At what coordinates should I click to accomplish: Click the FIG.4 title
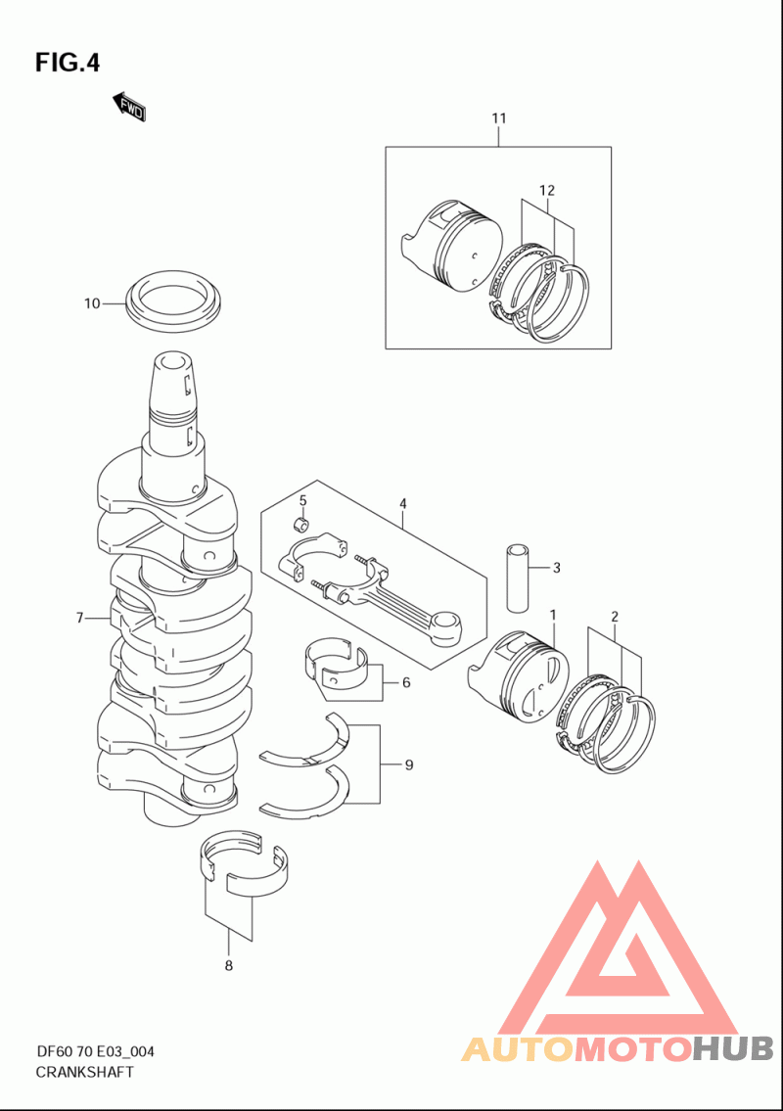coord(68,63)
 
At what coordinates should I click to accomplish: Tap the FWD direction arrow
coord(129,107)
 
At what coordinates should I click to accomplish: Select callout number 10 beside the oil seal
coord(92,303)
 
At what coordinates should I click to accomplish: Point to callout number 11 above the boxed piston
coord(499,118)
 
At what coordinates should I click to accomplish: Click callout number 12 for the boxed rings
coord(547,189)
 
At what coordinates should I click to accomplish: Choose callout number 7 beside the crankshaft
coord(81,618)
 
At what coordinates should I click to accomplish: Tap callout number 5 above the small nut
coord(303,500)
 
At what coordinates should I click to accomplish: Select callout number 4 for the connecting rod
coord(402,503)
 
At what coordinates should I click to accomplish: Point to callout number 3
coord(556,567)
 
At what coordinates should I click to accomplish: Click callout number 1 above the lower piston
coord(553,615)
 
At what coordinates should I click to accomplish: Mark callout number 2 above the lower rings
coord(615,617)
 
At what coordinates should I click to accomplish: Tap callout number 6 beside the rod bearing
coord(405,681)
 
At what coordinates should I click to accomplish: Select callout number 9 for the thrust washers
coord(408,764)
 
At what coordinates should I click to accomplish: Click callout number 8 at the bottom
coord(229,966)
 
